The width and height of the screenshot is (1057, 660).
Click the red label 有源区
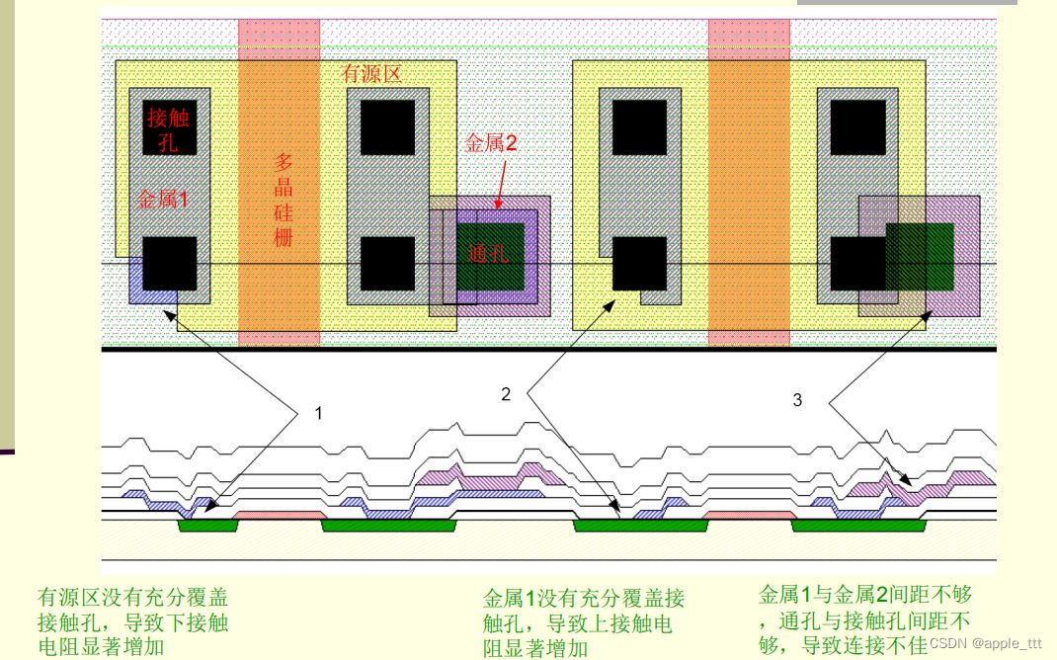click(371, 74)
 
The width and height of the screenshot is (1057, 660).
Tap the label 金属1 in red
click(163, 200)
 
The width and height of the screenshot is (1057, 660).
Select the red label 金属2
click(491, 142)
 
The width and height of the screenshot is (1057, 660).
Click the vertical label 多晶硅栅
click(284, 199)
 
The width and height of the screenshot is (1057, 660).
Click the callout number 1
click(318, 414)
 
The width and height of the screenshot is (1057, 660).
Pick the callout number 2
click(506, 394)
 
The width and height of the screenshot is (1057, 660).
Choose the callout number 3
click(799, 400)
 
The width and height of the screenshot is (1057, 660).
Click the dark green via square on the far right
click(920, 256)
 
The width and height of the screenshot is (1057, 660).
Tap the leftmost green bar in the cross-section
click(207, 527)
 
